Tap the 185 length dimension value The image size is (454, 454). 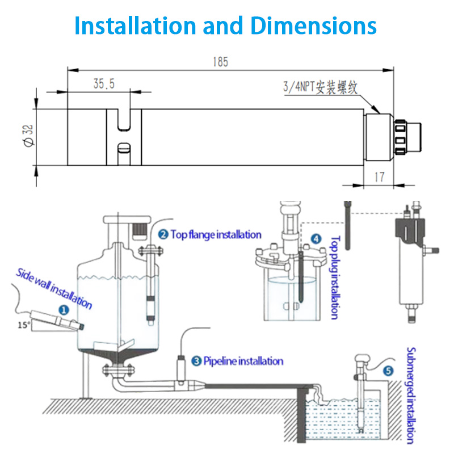[221, 62]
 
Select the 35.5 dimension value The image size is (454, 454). [104, 84]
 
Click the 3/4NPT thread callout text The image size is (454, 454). [322, 87]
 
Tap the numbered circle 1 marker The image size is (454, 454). [64, 310]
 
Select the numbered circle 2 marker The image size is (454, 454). [163, 234]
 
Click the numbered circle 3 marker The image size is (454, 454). [196, 360]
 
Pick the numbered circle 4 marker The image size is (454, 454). [316, 239]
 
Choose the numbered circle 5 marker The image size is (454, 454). [388, 371]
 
